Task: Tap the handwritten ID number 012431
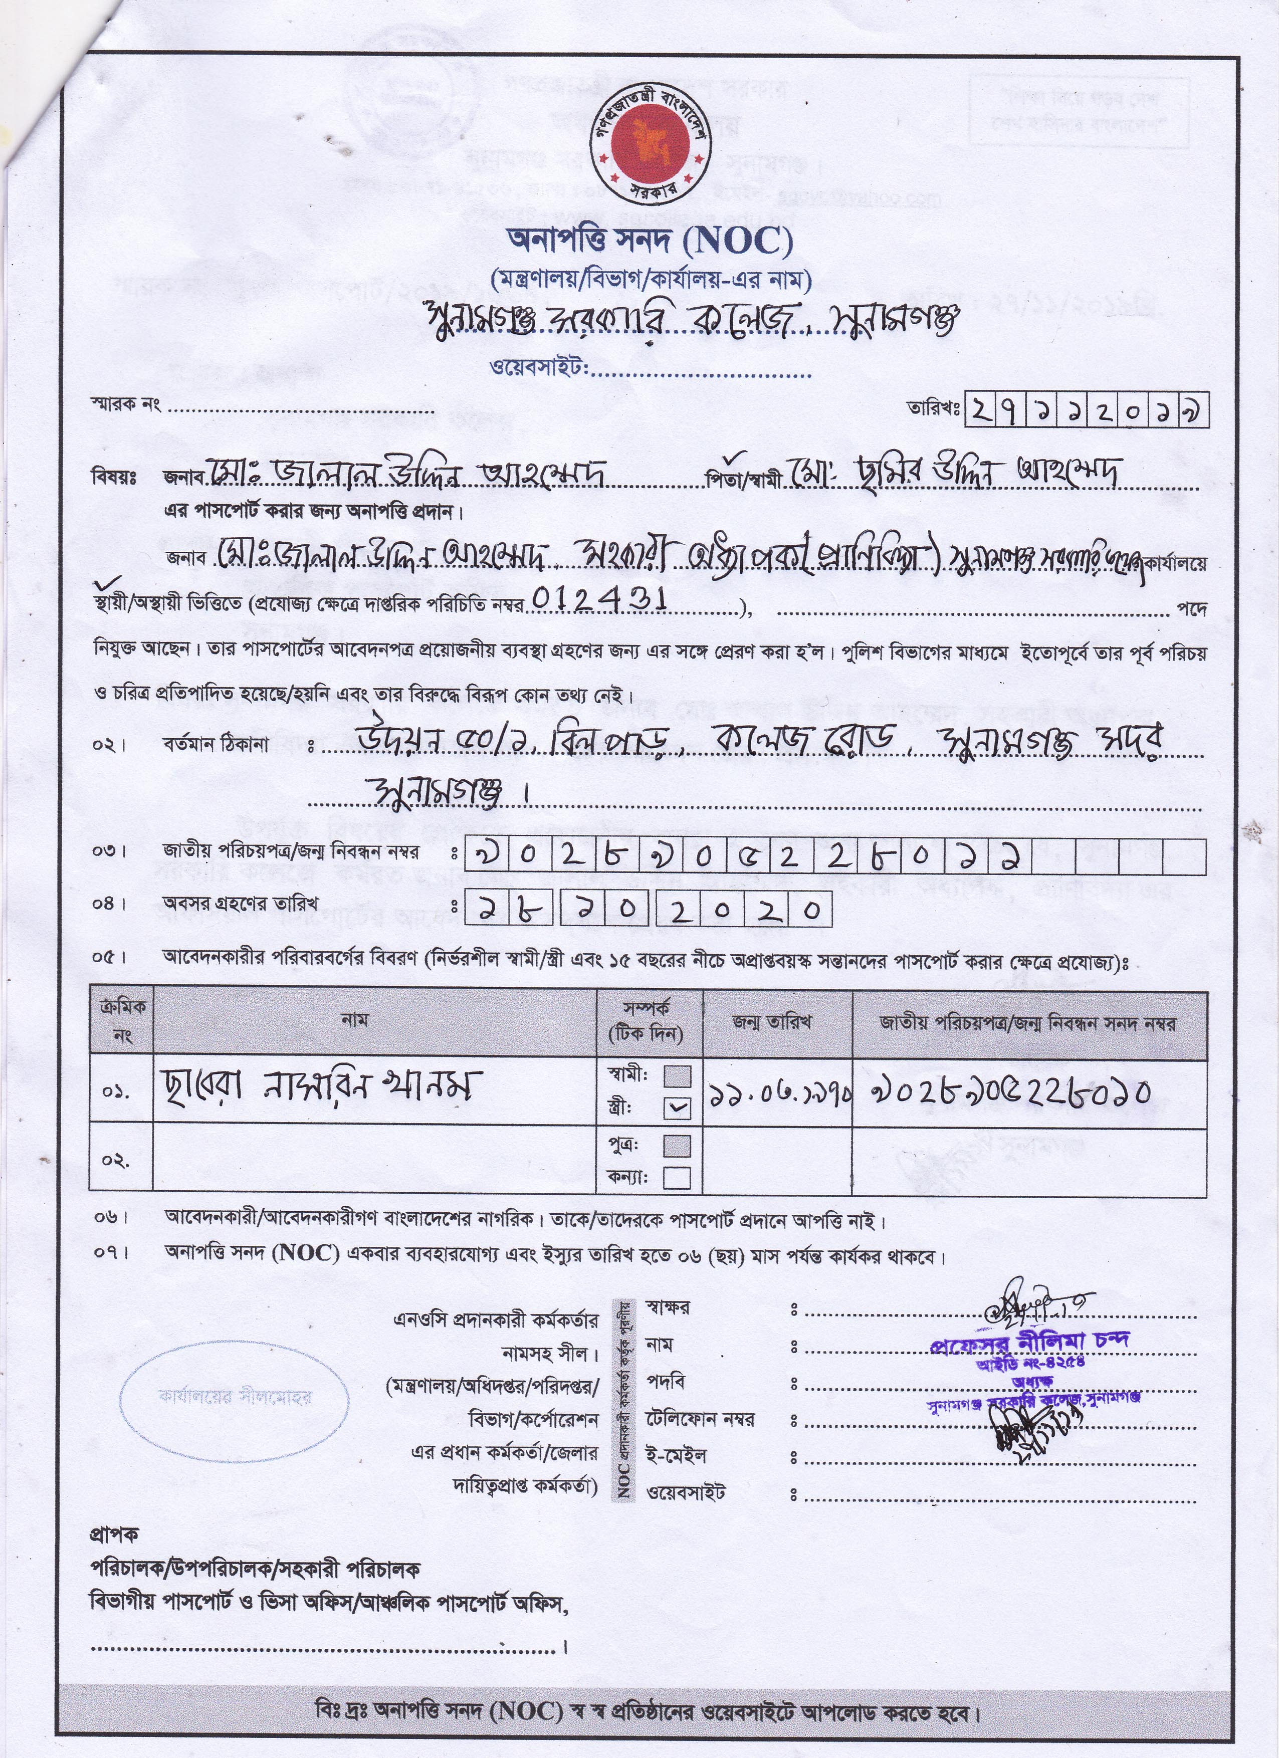click(594, 601)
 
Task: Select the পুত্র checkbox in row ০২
click(678, 1145)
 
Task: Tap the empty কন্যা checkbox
click(678, 1177)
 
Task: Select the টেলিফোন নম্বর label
click(700, 1419)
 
